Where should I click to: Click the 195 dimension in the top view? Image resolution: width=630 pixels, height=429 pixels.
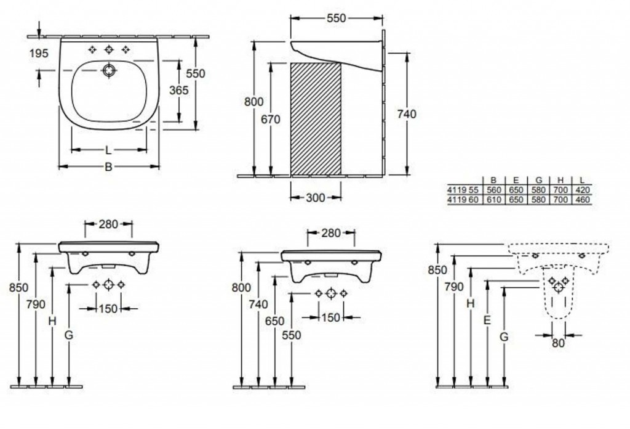(39, 54)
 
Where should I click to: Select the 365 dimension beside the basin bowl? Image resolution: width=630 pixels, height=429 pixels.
(179, 90)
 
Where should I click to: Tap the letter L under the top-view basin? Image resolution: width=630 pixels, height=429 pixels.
(108, 150)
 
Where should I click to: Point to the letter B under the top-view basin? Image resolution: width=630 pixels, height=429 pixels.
(108, 166)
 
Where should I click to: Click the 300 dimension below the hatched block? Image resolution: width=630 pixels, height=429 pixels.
(316, 197)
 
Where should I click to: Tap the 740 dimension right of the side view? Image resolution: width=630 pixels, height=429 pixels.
(407, 114)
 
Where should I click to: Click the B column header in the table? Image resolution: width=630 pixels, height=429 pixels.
(493, 181)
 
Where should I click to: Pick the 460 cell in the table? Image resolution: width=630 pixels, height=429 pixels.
(581, 200)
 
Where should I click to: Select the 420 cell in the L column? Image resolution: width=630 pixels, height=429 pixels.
(581, 190)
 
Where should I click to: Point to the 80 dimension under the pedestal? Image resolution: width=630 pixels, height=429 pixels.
(558, 344)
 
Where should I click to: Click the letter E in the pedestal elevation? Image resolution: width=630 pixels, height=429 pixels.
(487, 321)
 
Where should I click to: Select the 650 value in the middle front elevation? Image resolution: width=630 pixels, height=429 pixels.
(275, 322)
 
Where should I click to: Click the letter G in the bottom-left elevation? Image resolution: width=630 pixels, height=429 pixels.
(68, 335)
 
